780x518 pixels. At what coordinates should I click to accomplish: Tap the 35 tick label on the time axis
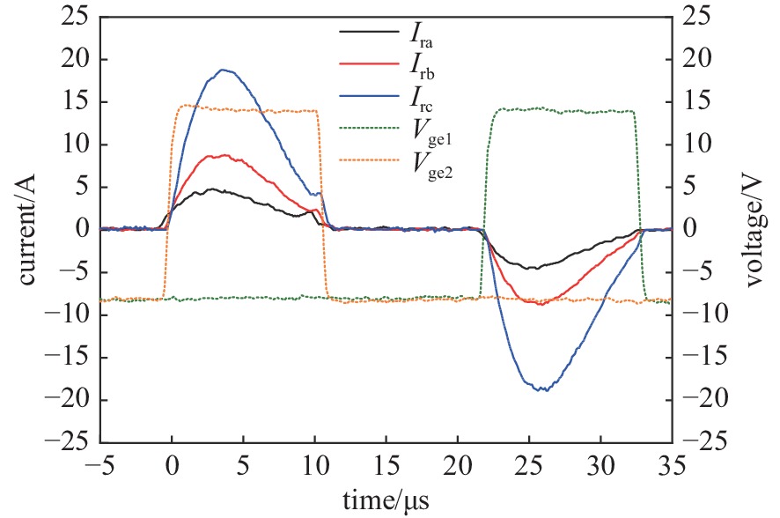[671, 465]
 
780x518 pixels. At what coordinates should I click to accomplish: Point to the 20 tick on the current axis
[71, 59]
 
